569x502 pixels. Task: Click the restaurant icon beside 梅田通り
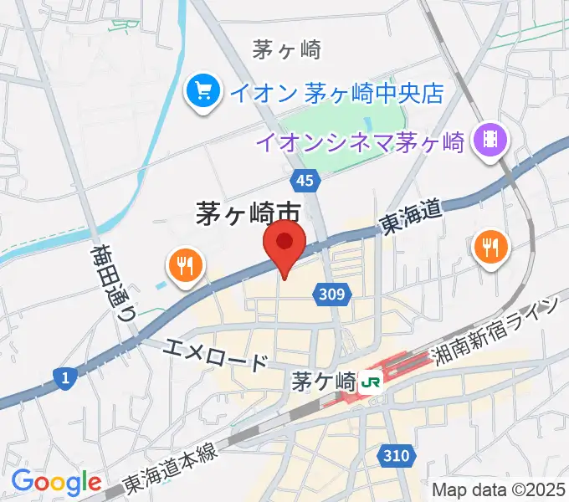[187, 266]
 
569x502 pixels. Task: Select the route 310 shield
[398, 456]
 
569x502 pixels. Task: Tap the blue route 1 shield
[64, 378]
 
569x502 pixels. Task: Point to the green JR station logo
[372, 382]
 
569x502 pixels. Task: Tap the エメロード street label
[216, 351]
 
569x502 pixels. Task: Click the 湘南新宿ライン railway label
[495, 330]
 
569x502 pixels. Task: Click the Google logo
[56, 482]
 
